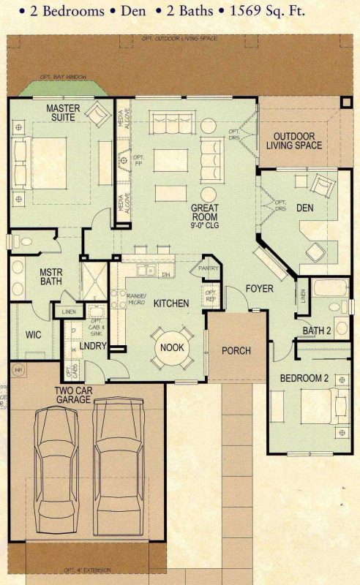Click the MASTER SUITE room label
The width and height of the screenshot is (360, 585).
(x=63, y=113)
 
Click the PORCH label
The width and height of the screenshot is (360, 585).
(x=236, y=350)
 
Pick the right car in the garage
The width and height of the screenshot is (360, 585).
(x=121, y=461)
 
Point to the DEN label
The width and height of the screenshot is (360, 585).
(x=304, y=208)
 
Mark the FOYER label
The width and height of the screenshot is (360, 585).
(x=259, y=288)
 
